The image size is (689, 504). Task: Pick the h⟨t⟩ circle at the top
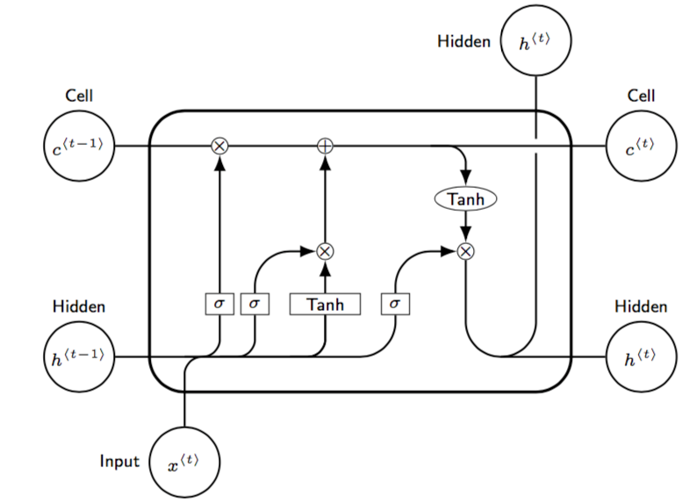(535, 41)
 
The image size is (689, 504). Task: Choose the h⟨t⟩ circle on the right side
(641, 356)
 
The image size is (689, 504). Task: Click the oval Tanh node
(465, 199)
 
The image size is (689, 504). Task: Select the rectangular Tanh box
(325, 304)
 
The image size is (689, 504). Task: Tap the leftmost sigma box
(219, 304)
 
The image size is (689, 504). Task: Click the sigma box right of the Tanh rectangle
(395, 304)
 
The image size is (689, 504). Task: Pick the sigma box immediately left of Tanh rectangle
(254, 304)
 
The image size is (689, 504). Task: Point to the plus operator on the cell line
(325, 146)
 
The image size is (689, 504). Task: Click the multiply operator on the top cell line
(219, 146)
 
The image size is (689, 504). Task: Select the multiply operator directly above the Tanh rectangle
(325, 251)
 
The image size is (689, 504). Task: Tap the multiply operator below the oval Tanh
(466, 251)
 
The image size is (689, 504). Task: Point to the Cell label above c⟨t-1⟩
(79, 95)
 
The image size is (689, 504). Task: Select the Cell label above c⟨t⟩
(641, 95)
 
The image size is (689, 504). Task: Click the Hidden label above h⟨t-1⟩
(79, 306)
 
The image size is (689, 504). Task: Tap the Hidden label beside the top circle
(464, 40)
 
